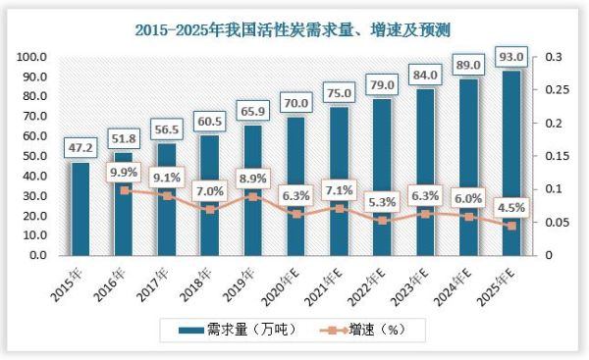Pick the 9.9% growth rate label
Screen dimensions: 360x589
point(123,172)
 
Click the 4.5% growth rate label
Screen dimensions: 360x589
point(509,207)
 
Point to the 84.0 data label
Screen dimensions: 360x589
point(425,74)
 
